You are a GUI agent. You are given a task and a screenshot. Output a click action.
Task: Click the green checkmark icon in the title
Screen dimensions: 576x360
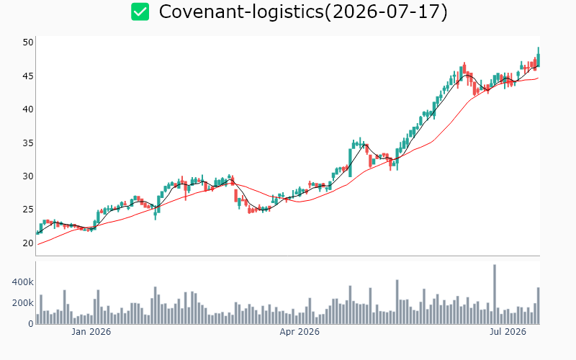tap(140, 12)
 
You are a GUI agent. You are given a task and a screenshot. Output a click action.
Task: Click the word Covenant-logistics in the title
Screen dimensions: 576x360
tap(241, 12)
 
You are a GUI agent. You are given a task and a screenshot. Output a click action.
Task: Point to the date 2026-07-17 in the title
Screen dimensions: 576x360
tap(386, 12)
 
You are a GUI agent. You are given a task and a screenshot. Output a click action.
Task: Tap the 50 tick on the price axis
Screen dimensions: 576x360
tap(28, 42)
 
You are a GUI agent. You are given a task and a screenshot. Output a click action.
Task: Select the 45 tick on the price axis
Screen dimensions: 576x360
tap(28, 76)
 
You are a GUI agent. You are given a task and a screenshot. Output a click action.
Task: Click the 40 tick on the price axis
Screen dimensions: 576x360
tap(28, 109)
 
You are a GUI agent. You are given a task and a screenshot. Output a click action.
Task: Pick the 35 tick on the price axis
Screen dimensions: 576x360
tap(28, 143)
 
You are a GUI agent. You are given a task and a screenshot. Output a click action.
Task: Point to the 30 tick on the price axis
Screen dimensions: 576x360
tap(28, 176)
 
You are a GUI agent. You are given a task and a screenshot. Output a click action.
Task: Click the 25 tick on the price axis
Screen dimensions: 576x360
tap(28, 210)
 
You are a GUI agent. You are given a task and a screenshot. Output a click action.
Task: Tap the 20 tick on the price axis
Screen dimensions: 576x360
tap(28, 243)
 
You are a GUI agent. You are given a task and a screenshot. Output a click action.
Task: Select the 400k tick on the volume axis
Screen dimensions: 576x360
tap(23, 282)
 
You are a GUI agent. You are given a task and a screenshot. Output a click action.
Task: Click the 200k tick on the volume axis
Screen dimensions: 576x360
tap(23, 303)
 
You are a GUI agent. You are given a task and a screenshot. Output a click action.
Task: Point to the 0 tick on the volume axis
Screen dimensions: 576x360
tap(31, 323)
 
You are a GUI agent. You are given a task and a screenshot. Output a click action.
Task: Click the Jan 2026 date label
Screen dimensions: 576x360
tap(91, 332)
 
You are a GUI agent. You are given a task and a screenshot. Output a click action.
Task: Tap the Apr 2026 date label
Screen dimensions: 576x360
tap(300, 332)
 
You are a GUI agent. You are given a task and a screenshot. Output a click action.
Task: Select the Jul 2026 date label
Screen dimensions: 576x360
tap(508, 332)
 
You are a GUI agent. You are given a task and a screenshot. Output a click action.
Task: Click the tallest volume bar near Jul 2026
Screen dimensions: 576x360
tap(495, 294)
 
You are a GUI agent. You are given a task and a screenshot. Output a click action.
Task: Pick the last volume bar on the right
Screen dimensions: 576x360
tap(538, 305)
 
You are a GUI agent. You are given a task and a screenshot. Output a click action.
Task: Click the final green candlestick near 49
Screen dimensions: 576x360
tap(539, 60)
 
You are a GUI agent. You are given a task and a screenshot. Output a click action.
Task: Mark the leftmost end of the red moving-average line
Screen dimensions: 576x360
tap(38, 245)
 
